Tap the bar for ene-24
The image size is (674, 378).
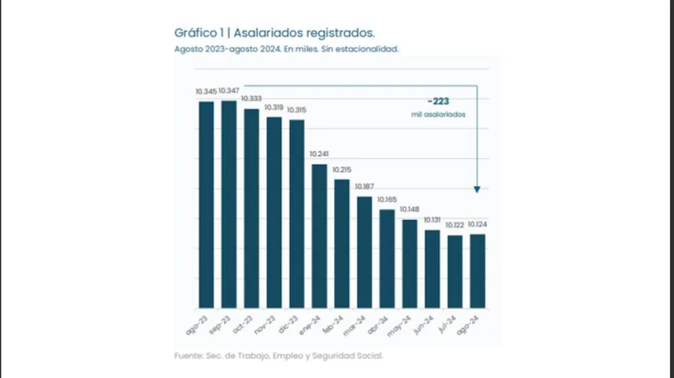319,236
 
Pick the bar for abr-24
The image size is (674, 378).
387,258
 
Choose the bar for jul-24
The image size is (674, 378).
455,272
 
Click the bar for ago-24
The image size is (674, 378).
477,271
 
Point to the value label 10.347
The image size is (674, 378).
229,91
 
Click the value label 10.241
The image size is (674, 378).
320,155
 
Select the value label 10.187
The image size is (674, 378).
365,186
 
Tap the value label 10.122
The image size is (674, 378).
455,225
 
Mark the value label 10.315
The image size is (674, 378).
297,110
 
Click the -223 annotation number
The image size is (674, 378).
438,100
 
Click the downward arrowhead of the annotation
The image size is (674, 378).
477,190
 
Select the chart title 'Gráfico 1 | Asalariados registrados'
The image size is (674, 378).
275,33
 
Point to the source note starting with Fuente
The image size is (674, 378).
279,356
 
